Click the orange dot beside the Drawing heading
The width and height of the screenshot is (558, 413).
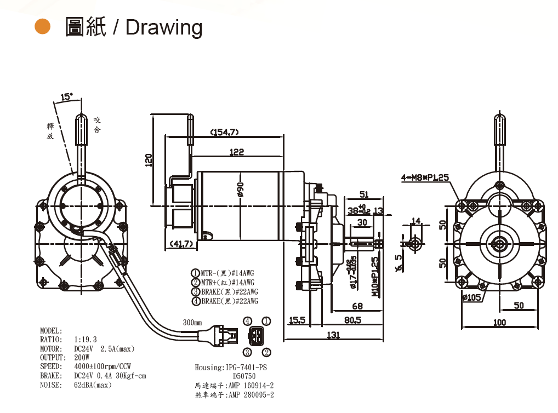click(42, 26)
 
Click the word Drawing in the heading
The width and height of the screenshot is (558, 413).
click(164, 27)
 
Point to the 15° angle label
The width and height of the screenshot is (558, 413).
click(66, 97)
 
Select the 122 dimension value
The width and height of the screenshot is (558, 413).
click(236, 152)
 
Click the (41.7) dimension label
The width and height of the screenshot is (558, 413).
click(181, 243)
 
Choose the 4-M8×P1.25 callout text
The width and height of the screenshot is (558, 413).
click(425, 177)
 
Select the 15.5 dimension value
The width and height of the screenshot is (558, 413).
click(297, 320)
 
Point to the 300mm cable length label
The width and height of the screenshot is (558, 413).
click(192, 322)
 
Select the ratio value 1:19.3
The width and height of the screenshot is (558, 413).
click(85, 340)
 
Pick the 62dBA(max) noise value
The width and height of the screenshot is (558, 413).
click(93, 385)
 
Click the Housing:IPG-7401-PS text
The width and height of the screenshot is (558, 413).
click(234, 367)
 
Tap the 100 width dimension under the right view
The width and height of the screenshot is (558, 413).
click(499, 323)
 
